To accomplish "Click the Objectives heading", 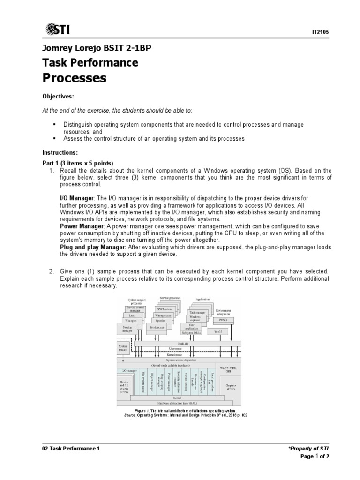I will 59,96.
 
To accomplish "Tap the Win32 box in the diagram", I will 218,331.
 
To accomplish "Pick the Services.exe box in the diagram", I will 157,327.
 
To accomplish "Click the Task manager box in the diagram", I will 198,311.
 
